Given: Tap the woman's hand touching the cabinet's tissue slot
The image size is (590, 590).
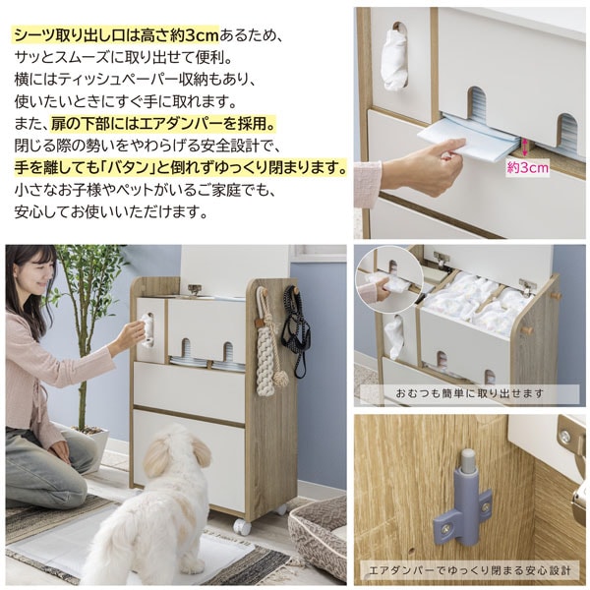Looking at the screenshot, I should click(132, 336).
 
